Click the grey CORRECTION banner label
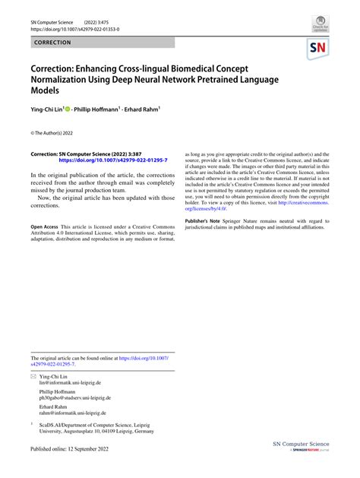pos(52,43)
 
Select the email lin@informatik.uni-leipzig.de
pos(70,383)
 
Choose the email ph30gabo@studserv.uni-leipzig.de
pos(75,397)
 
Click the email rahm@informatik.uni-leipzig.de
pos(73,413)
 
